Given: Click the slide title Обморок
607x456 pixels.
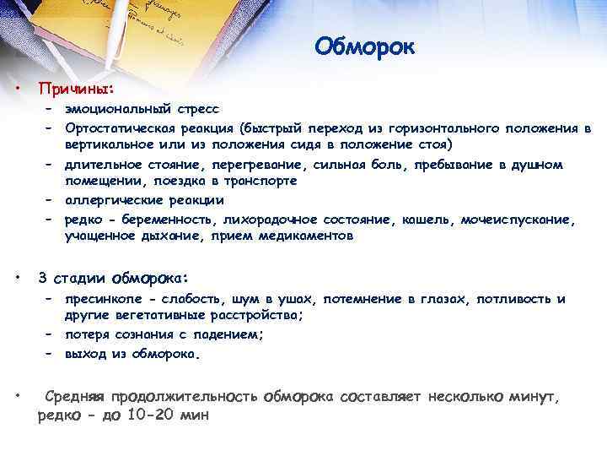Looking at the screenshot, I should (365, 45).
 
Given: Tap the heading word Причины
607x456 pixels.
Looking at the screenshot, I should (75, 88).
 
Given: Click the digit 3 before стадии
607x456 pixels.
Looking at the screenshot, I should (43, 278).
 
